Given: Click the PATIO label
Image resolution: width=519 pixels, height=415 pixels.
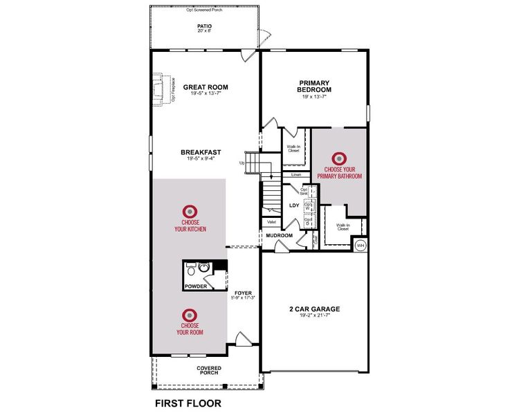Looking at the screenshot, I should coord(205,26).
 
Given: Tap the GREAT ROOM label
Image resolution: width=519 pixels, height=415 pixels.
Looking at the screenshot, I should coord(206,87).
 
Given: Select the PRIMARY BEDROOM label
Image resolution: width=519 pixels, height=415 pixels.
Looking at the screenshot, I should coord(314,86).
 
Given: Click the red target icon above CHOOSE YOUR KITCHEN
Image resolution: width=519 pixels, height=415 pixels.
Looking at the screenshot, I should coord(190,210).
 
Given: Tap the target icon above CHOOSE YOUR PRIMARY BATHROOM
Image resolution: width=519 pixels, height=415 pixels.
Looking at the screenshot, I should coord(339,159).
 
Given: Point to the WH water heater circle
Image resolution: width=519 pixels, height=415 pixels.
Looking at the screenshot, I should coord(361,246).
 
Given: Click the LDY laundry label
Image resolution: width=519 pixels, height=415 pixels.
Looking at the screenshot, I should coord(294,205).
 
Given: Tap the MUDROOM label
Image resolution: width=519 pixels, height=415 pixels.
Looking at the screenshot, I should coord(280,235).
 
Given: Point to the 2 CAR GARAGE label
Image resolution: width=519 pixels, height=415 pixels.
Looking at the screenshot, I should coord(314,309).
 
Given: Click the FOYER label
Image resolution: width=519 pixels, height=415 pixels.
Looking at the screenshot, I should coord(243,293).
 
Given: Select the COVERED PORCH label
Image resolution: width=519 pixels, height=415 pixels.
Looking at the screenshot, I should coord(208,370).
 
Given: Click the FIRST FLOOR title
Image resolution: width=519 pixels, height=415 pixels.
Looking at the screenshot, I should coord(188,402).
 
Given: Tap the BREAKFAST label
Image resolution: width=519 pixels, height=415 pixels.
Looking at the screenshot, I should coord(201,152).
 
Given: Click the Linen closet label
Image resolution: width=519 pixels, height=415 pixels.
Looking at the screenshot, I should coord(296,174).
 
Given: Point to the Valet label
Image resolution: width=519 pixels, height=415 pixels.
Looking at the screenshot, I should coord(271,222).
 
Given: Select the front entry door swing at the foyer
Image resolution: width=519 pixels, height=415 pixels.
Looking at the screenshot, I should coord(243,339).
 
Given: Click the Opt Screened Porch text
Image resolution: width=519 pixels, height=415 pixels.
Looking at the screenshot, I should coord(205,10).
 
